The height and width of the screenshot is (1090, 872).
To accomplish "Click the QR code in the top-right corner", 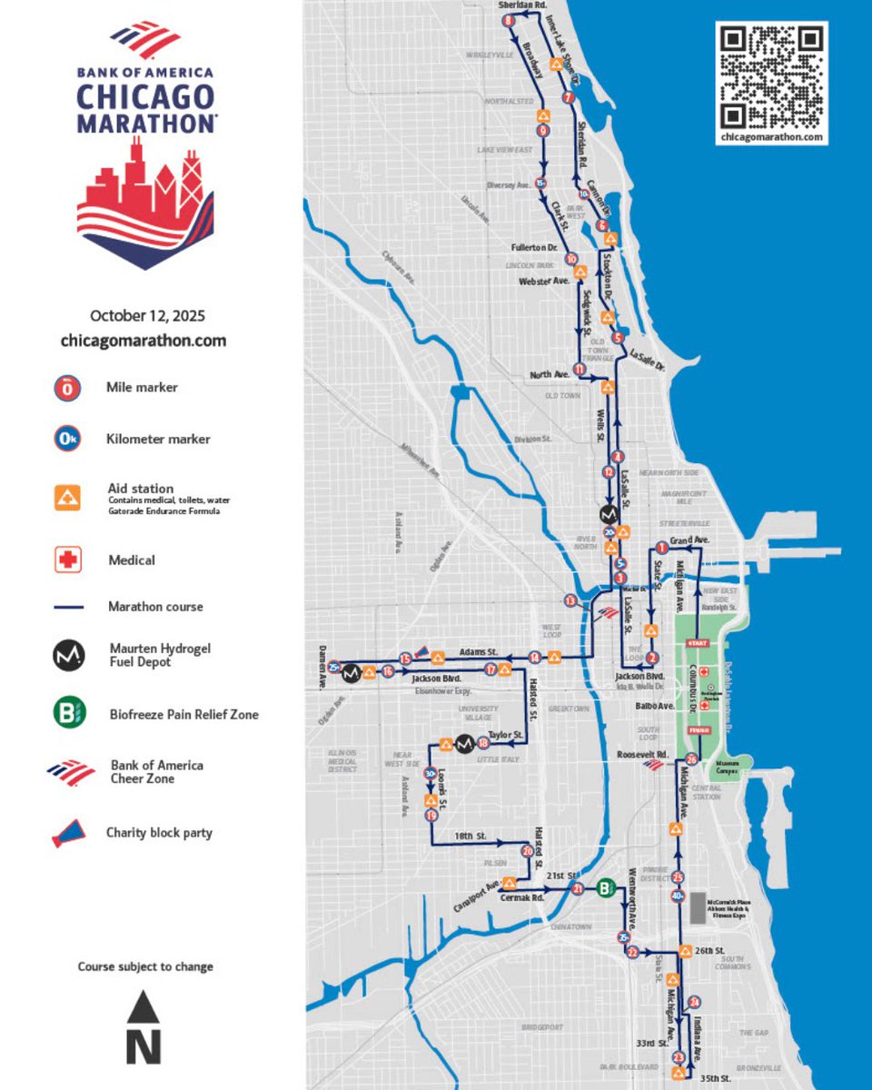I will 771,76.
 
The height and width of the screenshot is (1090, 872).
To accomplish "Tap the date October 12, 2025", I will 147,316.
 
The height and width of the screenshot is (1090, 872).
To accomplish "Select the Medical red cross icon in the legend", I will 68,560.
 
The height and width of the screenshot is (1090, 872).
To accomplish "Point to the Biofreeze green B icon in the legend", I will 68,714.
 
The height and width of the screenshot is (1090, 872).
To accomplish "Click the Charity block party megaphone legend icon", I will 68,833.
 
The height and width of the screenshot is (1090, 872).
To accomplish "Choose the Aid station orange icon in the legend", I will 68,497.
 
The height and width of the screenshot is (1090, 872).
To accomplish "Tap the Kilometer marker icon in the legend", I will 68,440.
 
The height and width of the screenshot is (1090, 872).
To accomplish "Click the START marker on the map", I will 698,643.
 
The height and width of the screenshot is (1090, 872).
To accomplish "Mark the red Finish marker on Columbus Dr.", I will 699,729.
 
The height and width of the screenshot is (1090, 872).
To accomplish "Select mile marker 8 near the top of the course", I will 507,21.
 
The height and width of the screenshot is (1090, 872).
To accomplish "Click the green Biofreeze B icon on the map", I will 606,888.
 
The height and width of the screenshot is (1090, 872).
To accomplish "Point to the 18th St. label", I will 471,835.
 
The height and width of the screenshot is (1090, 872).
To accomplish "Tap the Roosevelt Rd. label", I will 642,754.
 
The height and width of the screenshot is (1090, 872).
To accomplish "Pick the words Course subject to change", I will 145,966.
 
